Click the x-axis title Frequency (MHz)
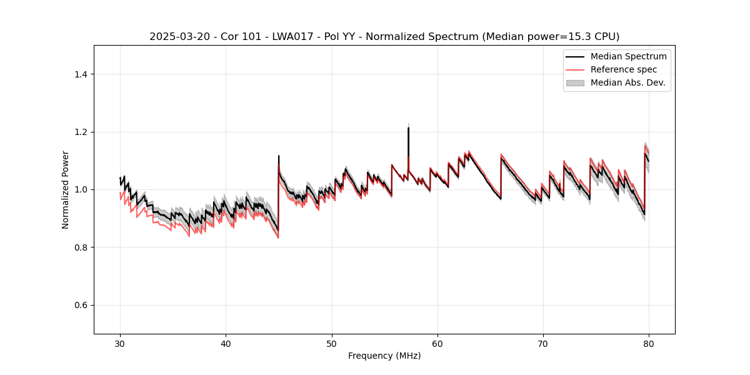[384, 356]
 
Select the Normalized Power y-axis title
[66, 189]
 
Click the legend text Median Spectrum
[628, 56]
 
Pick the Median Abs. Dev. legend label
[627, 82]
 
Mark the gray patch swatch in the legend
[574, 82]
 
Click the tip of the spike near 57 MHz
[408, 128]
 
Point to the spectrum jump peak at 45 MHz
[279, 156]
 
